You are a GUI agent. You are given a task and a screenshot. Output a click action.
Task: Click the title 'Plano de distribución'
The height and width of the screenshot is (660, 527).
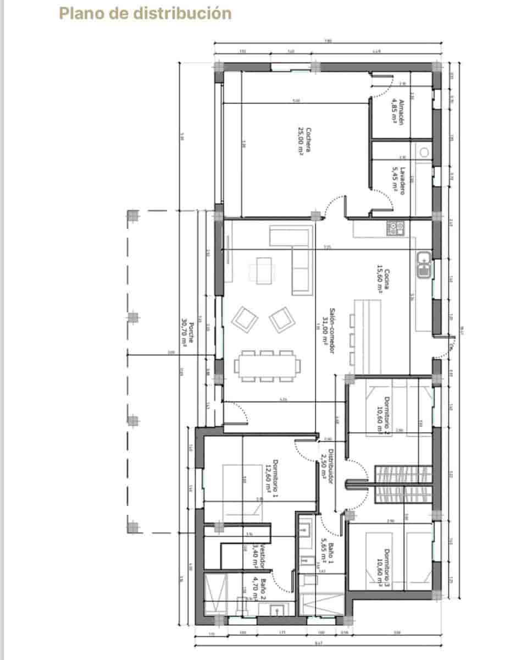(145, 13)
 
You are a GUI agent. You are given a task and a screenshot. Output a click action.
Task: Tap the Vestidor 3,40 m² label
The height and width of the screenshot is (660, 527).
(259, 557)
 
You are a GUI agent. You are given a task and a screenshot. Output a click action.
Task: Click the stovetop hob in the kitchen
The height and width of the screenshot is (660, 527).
(395, 227)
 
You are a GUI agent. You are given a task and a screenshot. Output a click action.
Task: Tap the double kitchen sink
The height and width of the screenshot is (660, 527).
(424, 263)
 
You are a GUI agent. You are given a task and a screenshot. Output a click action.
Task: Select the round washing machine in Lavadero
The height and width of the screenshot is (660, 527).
(424, 152)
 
